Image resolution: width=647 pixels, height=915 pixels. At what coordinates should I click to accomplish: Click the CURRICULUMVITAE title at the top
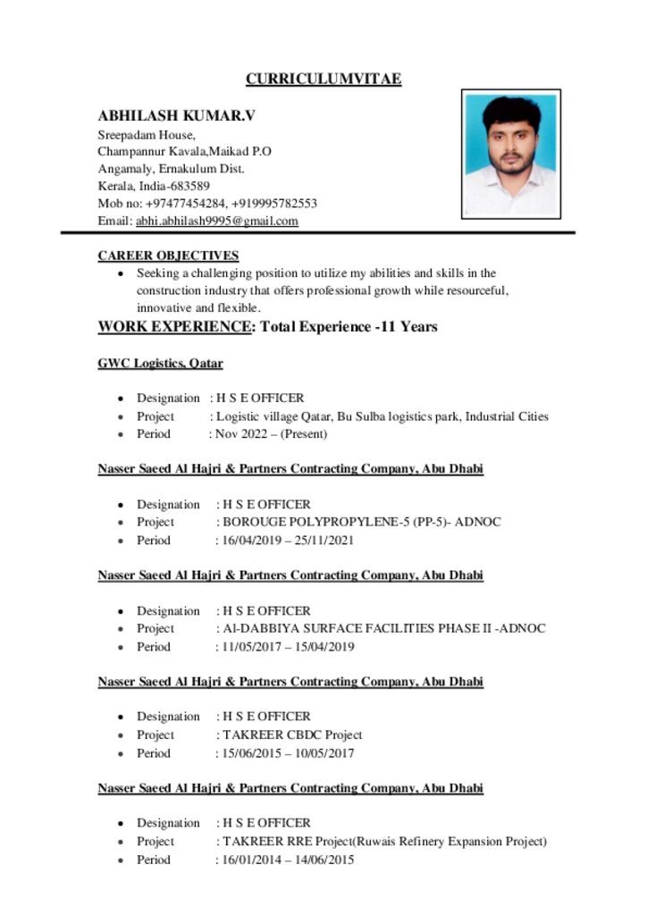[323, 80]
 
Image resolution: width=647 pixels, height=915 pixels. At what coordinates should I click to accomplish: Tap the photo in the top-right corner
[510, 154]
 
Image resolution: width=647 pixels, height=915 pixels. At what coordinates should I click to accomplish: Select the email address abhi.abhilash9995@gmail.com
[216, 221]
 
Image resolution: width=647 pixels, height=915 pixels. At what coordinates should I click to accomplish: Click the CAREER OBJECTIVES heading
[168, 256]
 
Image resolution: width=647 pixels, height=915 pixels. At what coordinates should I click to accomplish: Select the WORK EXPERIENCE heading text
[174, 327]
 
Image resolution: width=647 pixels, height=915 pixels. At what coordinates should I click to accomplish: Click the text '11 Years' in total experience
[408, 327]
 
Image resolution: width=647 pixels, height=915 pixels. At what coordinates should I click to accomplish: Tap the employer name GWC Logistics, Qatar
[160, 364]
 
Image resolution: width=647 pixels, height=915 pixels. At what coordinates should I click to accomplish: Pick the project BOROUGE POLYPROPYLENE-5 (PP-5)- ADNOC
[361, 522]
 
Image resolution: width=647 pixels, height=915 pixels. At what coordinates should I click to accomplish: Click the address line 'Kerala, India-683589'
[154, 186]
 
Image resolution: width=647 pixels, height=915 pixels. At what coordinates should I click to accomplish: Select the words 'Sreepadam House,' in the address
[140, 134]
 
